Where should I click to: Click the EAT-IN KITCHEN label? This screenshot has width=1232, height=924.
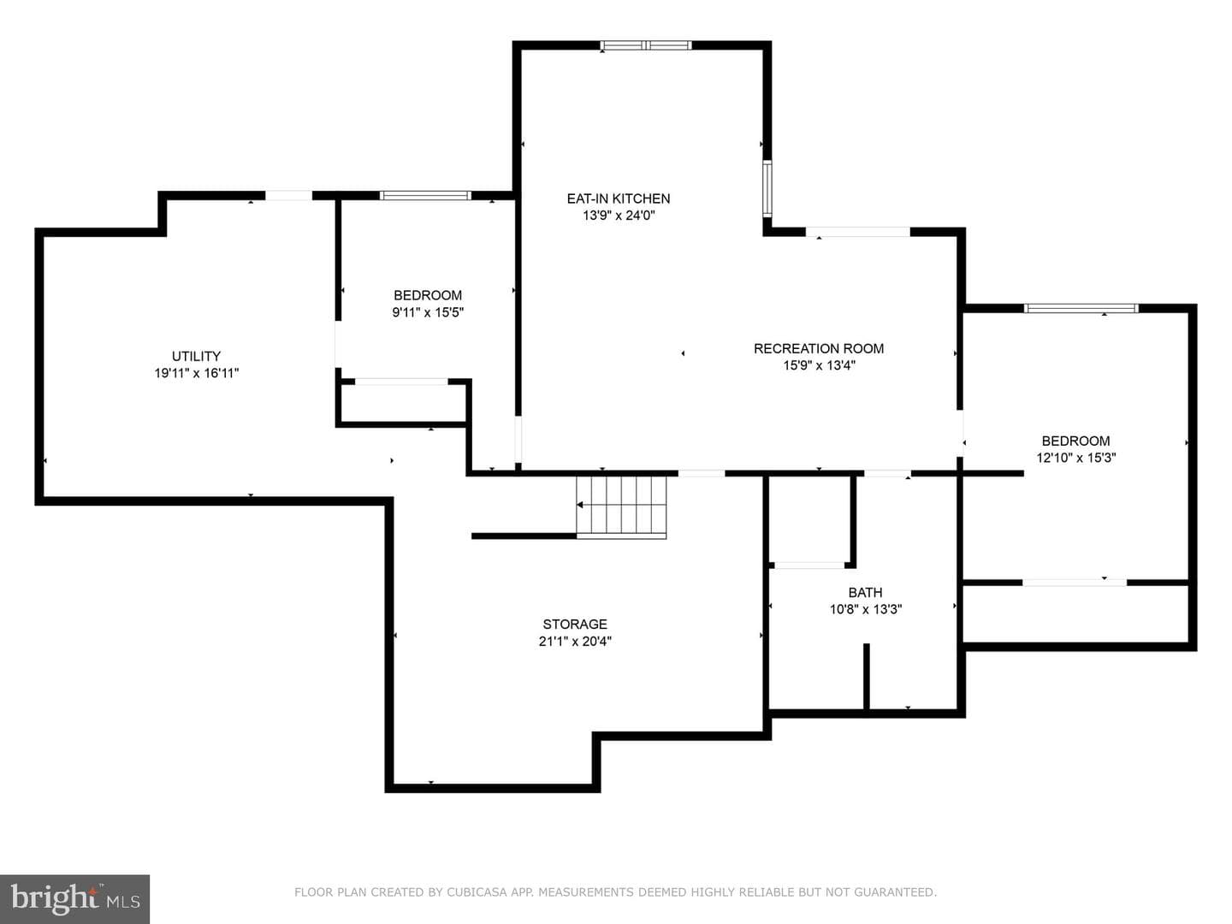pos(618,198)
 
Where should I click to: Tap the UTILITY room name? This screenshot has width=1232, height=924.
pos(196,356)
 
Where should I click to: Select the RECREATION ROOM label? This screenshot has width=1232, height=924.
pos(819,348)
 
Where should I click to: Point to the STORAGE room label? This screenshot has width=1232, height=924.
pos(575,624)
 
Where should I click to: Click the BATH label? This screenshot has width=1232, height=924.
pos(865,592)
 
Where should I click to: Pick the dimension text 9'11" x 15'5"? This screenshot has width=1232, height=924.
pos(428,312)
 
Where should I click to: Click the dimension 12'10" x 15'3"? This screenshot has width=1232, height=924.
pos(1075,458)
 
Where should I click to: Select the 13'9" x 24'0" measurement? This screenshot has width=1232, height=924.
pos(619,216)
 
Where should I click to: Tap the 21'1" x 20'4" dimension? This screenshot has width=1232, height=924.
pos(575,641)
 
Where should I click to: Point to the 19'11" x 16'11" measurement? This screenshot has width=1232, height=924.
pos(197,373)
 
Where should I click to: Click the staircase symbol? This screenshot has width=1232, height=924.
pos(621,507)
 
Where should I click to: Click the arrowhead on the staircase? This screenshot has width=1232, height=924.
pos(579,505)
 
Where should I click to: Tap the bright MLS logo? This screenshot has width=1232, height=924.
pos(74,898)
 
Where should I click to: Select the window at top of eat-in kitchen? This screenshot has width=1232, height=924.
pos(645,45)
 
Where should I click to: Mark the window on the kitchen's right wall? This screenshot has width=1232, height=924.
pos(767,188)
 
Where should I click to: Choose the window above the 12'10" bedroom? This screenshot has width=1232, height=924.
pos(1081,308)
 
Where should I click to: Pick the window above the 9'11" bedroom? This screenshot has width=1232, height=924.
pos(425,195)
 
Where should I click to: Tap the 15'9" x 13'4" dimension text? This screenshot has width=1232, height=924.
pos(819,366)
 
